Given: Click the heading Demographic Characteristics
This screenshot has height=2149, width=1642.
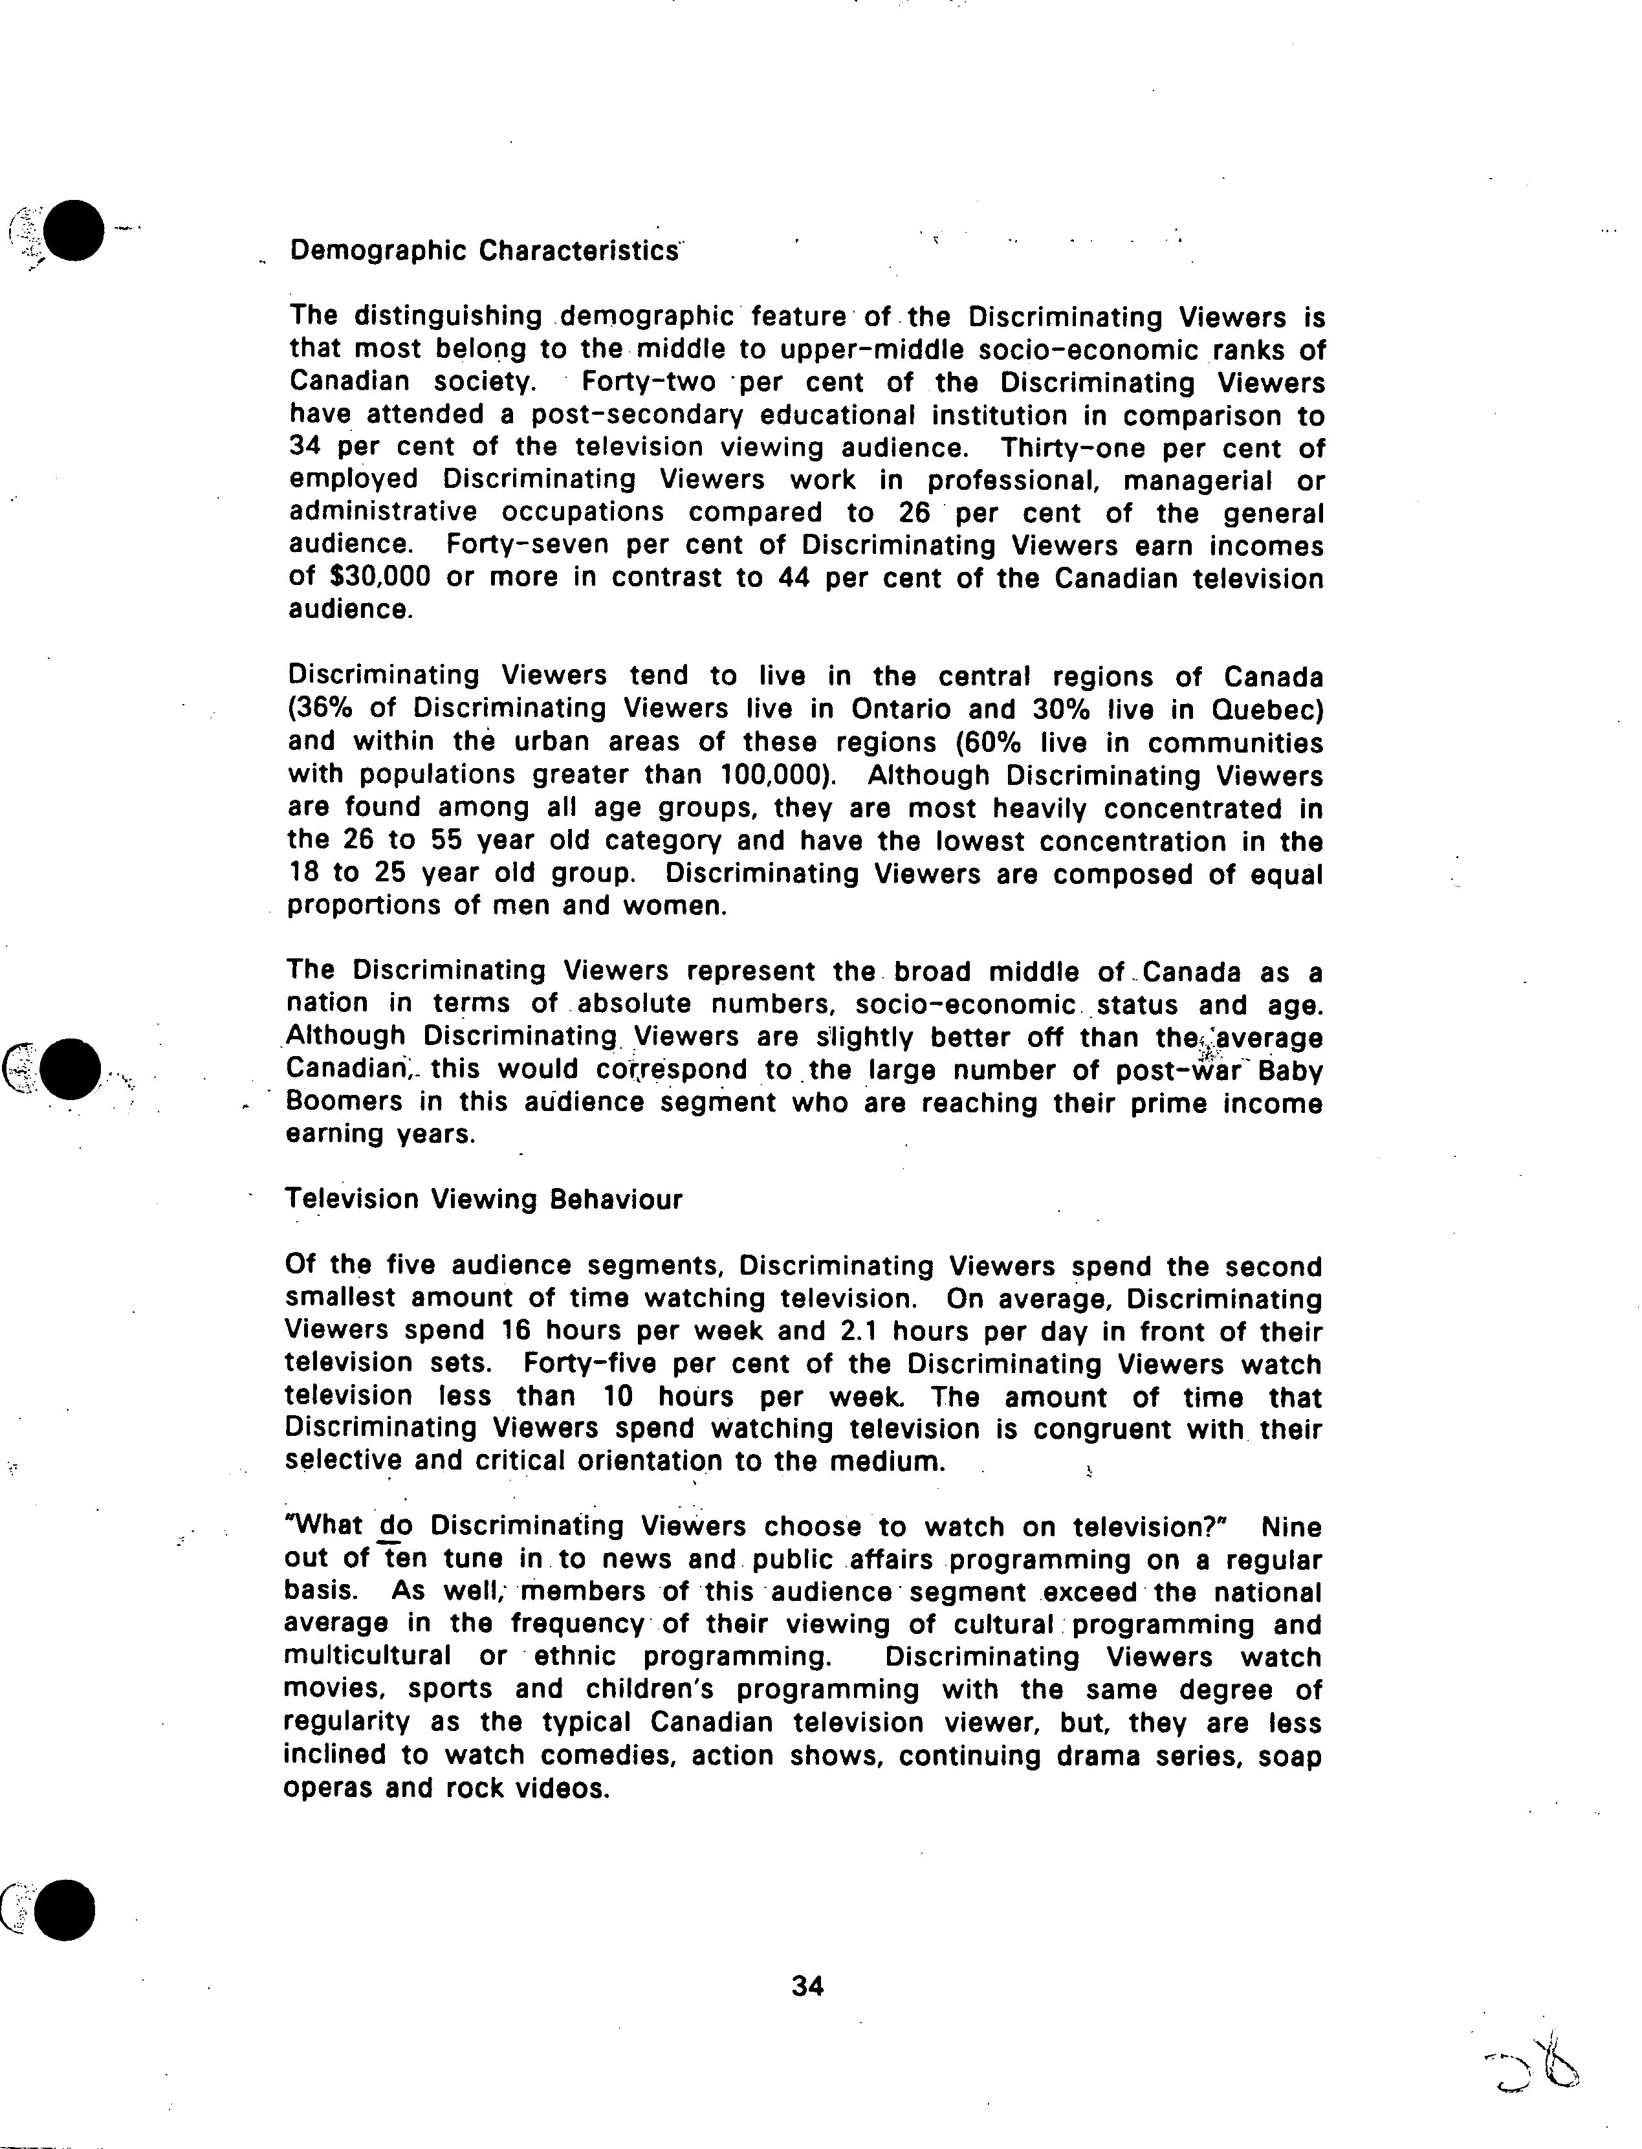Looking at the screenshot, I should [484, 251].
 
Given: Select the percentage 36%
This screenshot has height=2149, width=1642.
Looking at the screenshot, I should [323, 708].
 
